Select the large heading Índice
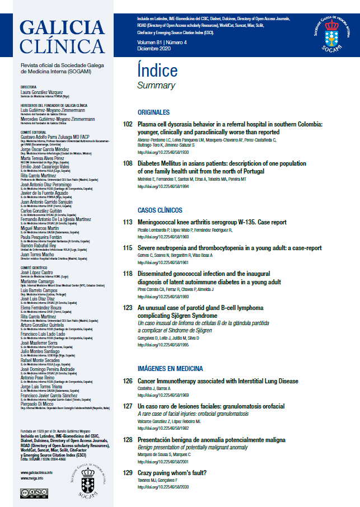157,71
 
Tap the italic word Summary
156,86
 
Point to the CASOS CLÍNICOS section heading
160,210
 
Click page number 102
127,124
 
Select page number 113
127,222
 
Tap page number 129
127,473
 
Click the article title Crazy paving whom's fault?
172,473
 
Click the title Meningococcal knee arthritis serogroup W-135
205,222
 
